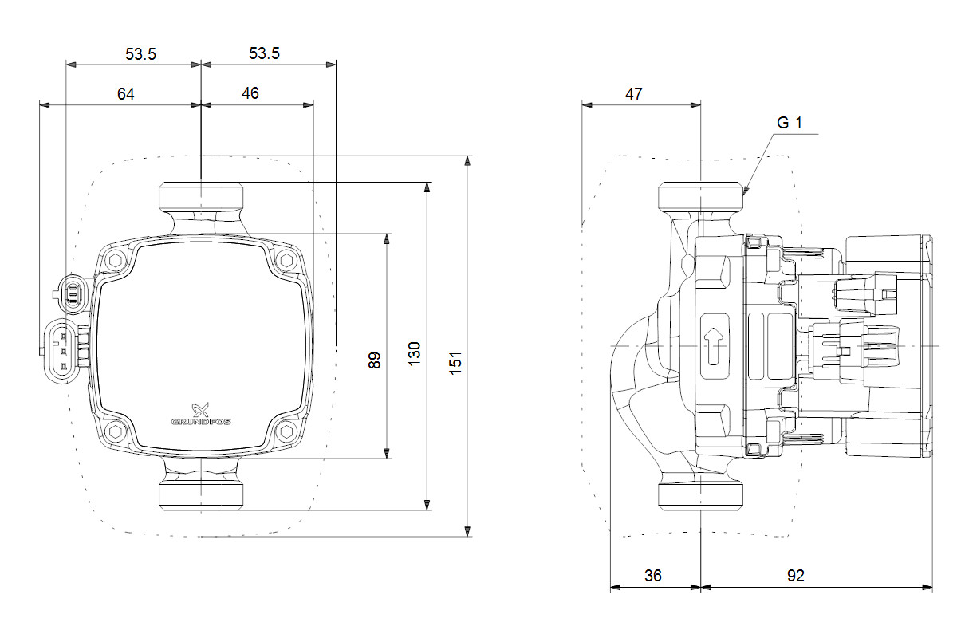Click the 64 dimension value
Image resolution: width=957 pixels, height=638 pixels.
(x=126, y=94)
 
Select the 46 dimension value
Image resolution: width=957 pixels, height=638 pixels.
(x=250, y=93)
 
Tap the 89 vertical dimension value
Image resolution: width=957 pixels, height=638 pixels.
(x=374, y=360)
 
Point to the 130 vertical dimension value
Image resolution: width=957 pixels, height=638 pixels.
(x=414, y=354)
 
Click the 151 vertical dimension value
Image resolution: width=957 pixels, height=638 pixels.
(x=455, y=363)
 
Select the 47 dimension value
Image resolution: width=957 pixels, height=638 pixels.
(x=633, y=94)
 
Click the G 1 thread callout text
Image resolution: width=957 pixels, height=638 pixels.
(x=789, y=123)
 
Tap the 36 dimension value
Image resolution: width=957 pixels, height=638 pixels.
(x=653, y=576)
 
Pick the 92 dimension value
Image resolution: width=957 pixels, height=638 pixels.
(x=796, y=576)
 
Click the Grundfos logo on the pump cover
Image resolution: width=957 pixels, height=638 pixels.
(x=201, y=415)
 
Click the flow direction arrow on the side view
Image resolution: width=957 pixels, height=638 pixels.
(x=714, y=346)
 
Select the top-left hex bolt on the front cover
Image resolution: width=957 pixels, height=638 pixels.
(x=116, y=260)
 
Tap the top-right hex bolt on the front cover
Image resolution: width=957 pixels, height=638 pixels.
(x=286, y=260)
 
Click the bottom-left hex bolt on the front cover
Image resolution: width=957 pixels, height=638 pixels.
(x=116, y=431)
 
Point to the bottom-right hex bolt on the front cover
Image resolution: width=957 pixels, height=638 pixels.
(x=286, y=431)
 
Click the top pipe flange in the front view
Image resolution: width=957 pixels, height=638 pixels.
(x=201, y=196)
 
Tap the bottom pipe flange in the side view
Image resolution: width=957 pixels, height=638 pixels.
(x=701, y=496)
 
